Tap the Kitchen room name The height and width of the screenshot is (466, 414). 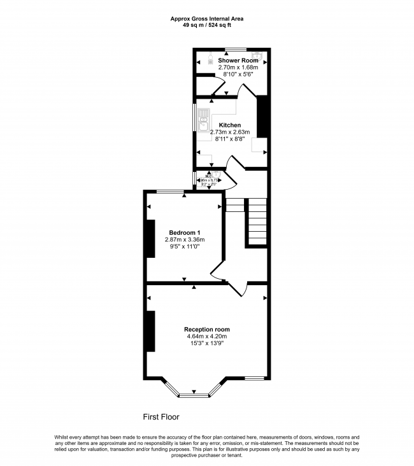coord(230,125)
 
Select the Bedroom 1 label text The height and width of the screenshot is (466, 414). coord(185,232)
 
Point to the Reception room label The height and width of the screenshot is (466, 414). coord(206,329)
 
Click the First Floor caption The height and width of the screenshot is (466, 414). coord(161,417)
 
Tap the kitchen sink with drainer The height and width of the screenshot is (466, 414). coord(203,120)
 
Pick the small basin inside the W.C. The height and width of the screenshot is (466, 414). coord(215,174)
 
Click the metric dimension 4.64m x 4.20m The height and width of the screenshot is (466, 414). coord(206,336)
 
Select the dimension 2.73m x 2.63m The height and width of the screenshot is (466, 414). coord(230,132)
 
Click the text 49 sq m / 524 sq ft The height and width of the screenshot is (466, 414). coord(206,25)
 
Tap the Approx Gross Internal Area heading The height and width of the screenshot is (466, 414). coord(206,18)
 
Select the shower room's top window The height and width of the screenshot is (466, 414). coord(236,48)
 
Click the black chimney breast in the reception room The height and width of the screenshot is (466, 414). coord(150,331)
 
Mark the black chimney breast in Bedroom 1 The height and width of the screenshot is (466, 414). coord(150,239)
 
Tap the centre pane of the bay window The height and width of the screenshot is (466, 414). coord(194,395)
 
